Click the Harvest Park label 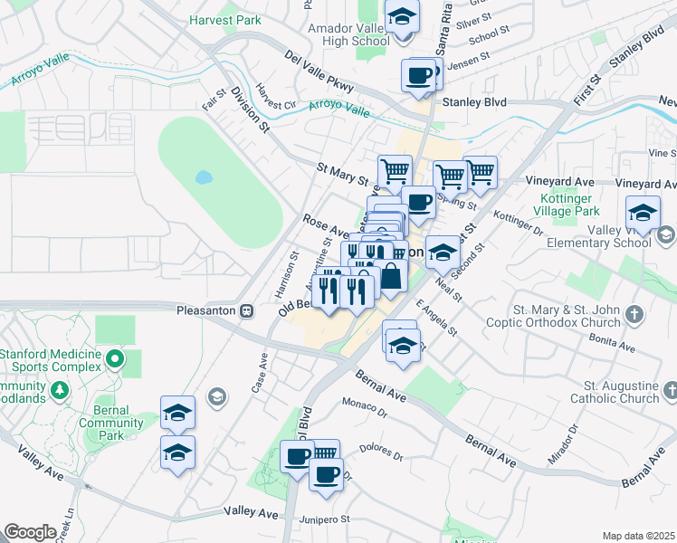tap(224, 19)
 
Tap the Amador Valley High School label tap(348, 35)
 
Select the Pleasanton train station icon tap(246, 310)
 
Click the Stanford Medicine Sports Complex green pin tap(114, 360)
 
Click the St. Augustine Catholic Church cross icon tap(670, 389)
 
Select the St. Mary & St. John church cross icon tap(635, 315)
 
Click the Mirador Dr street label tap(566, 443)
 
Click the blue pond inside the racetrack tap(203, 176)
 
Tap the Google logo tap(30, 531)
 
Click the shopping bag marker tap(391, 277)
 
